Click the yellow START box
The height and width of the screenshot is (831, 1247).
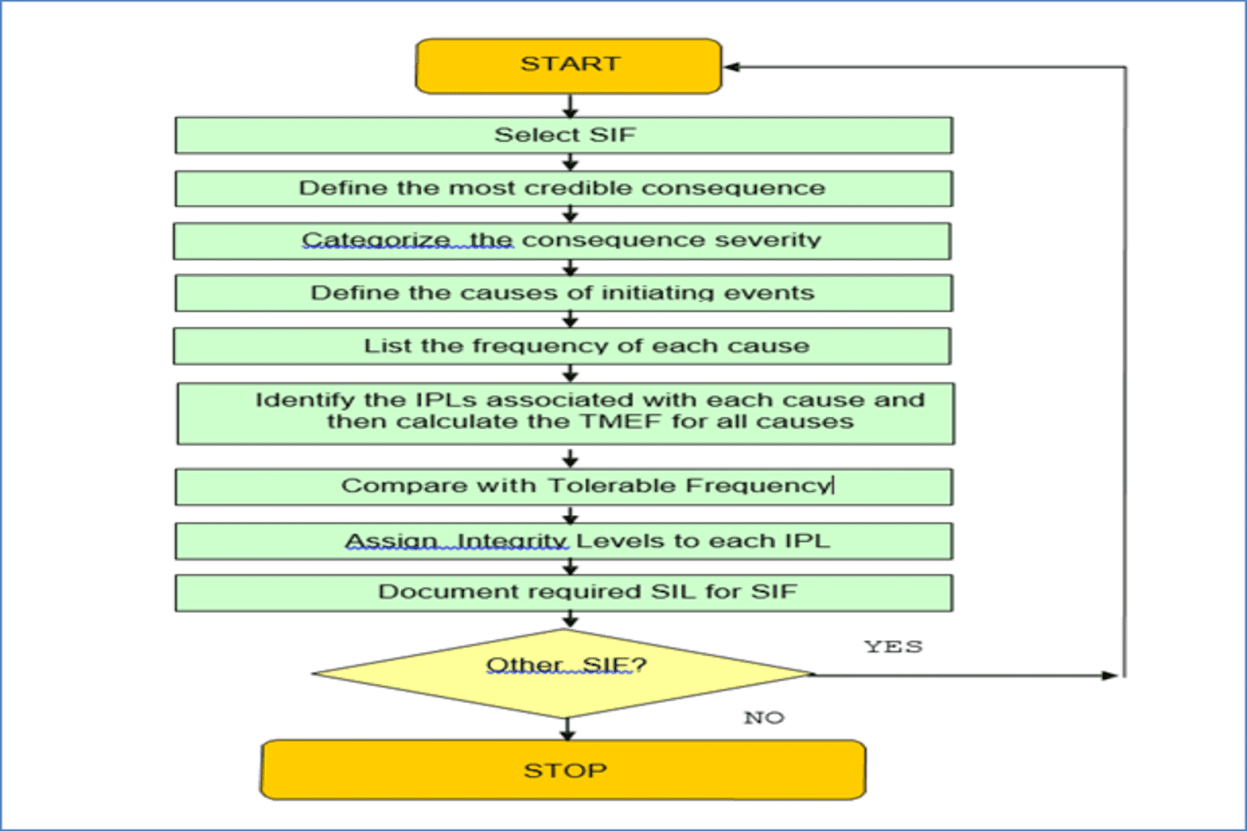tap(568, 66)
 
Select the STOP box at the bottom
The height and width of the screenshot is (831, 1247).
tap(563, 769)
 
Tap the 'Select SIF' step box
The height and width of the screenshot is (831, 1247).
tap(564, 136)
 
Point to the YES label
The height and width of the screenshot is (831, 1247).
tap(893, 647)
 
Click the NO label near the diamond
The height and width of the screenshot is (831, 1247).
tap(764, 717)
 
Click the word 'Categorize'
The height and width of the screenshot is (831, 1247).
tap(376, 241)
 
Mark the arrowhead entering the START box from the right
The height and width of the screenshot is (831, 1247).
tap(732, 67)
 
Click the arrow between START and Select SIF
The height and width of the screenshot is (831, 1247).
tap(570, 106)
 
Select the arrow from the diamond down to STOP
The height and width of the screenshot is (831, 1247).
tap(567, 729)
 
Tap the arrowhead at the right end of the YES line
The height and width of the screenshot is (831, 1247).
tap(1110, 675)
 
